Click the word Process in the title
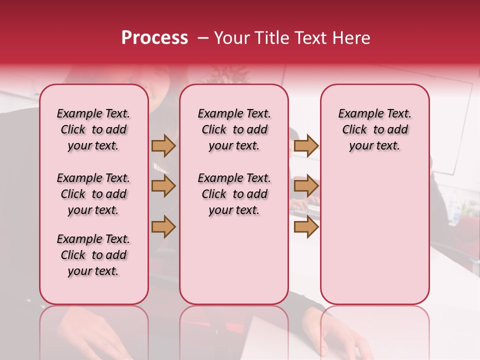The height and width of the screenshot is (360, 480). (x=154, y=38)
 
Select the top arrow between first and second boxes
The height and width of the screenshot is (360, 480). (x=163, y=145)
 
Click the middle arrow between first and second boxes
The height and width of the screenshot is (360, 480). (x=163, y=186)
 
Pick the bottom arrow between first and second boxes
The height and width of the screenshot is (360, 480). (x=163, y=226)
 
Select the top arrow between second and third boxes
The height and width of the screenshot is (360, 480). (x=306, y=145)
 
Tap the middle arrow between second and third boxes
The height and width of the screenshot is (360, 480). (x=306, y=186)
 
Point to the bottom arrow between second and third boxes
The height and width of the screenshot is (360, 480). (x=306, y=226)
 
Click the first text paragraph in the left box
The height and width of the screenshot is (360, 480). (x=93, y=129)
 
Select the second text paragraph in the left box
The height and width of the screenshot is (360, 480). (x=93, y=194)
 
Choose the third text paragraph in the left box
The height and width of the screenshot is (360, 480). (x=93, y=255)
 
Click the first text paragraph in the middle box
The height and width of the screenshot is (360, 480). (x=234, y=129)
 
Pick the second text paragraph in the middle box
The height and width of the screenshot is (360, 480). (x=234, y=194)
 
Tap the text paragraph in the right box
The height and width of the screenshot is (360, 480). (x=374, y=129)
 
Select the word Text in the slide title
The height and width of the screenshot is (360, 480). (x=310, y=38)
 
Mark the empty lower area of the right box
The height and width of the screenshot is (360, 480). (x=374, y=235)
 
